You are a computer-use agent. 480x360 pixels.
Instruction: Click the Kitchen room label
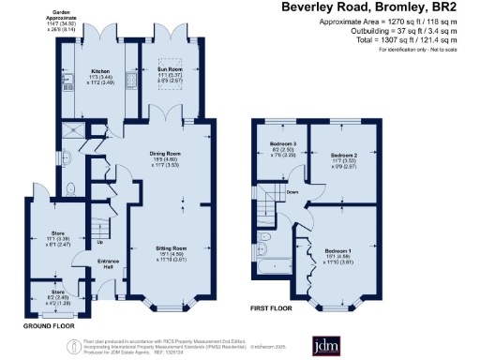pyautogui.click(x=100, y=70)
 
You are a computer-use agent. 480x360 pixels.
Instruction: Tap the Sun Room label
pyautogui.click(x=168, y=70)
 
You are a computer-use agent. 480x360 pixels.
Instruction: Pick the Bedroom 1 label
pyautogui.click(x=337, y=251)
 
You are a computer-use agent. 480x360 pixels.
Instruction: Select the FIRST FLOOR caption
pyautogui.click(x=270, y=307)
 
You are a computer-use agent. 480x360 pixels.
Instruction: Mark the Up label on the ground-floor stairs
pyautogui.click(x=101, y=241)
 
